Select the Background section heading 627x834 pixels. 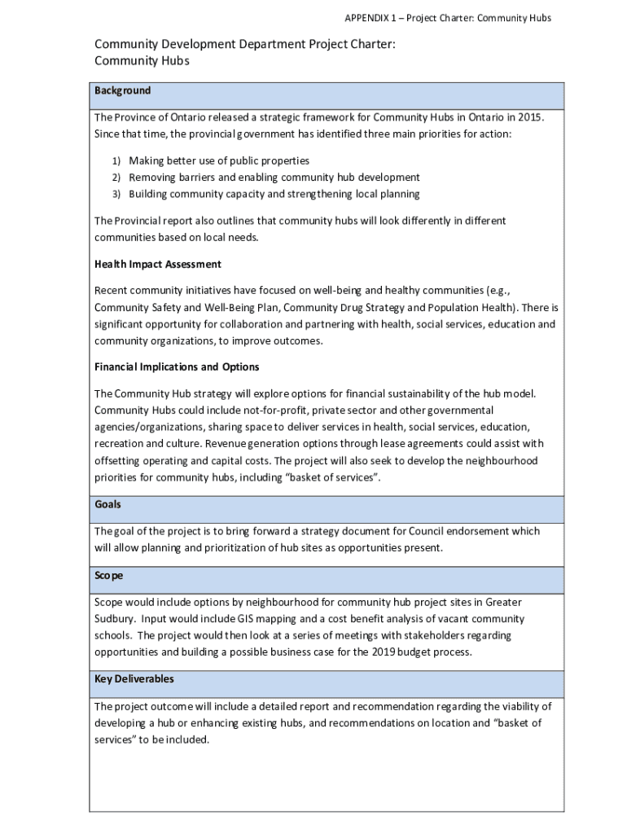(x=123, y=90)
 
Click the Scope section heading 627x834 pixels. (x=109, y=575)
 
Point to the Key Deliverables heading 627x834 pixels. (x=134, y=678)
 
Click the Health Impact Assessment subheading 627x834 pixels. (x=158, y=265)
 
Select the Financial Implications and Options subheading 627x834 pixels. (x=177, y=367)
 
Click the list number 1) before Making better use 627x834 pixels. (x=116, y=161)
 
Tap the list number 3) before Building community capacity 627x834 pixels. (x=116, y=194)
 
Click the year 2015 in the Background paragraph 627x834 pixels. (x=530, y=117)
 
